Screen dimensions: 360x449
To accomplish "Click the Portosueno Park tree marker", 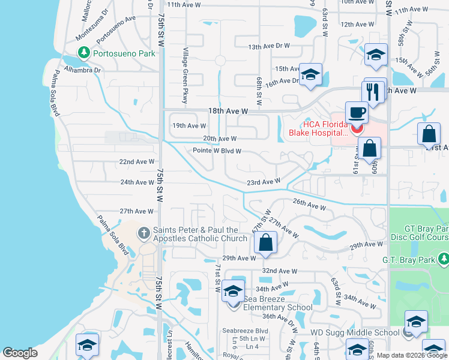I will pyautogui.click(x=83, y=53).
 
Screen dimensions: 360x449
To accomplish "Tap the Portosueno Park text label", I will pyautogui.click(x=123, y=53).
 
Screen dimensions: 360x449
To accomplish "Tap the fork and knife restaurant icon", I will pyautogui.click(x=373, y=92).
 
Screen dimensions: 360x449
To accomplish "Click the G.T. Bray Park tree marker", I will pyautogui.click(x=443, y=260).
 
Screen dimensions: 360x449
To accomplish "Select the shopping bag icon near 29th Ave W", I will pyautogui.click(x=265, y=243).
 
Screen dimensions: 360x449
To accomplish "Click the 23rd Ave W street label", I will pyautogui.click(x=264, y=181).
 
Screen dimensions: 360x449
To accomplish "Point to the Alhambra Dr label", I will pyautogui.click(x=85, y=70).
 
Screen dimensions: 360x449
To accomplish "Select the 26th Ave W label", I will pyautogui.click(x=309, y=205).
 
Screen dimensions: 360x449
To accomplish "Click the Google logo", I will pyautogui.click(x=20, y=353).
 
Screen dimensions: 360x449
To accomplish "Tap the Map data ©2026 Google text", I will pyautogui.click(x=411, y=355).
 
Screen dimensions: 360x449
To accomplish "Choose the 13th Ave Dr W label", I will pyautogui.click(x=269, y=46).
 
